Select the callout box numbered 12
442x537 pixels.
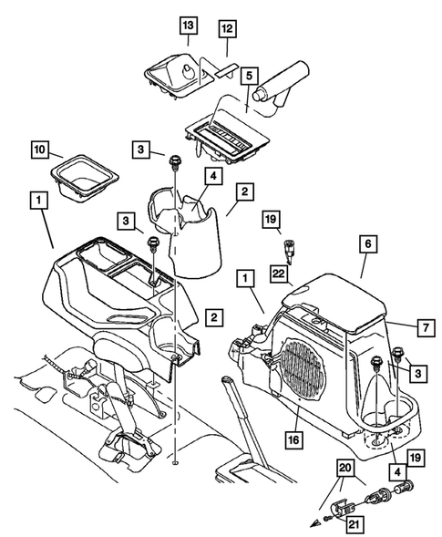pos(228,30)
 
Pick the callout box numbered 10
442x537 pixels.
pos(67,148)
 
